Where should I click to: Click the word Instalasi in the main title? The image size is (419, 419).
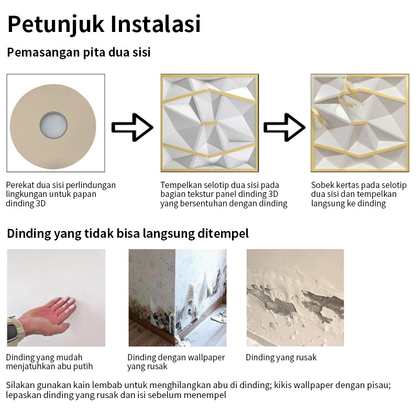point(156,24)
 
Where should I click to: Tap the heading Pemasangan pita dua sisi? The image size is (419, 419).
point(79,52)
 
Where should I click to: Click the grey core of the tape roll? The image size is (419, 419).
point(53,125)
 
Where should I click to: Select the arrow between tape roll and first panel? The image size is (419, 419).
point(133,127)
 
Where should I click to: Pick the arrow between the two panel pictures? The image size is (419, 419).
point(284,127)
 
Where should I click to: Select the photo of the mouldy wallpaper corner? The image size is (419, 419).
point(178,297)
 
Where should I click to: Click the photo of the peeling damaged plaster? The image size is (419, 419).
point(295,297)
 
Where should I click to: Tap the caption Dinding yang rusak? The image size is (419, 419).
point(281,357)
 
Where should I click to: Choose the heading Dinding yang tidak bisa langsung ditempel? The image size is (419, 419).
point(128,233)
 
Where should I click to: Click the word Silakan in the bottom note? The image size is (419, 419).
point(20,385)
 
